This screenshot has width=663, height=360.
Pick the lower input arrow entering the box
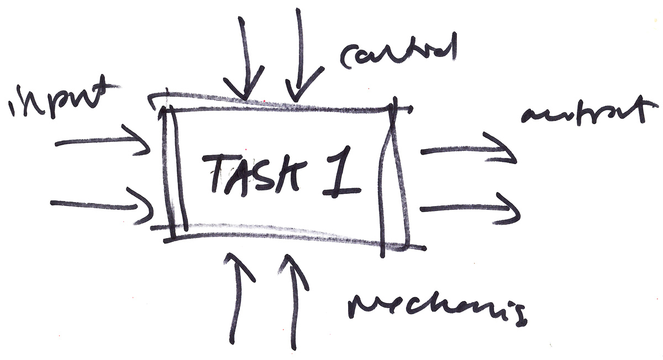[102, 205]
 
